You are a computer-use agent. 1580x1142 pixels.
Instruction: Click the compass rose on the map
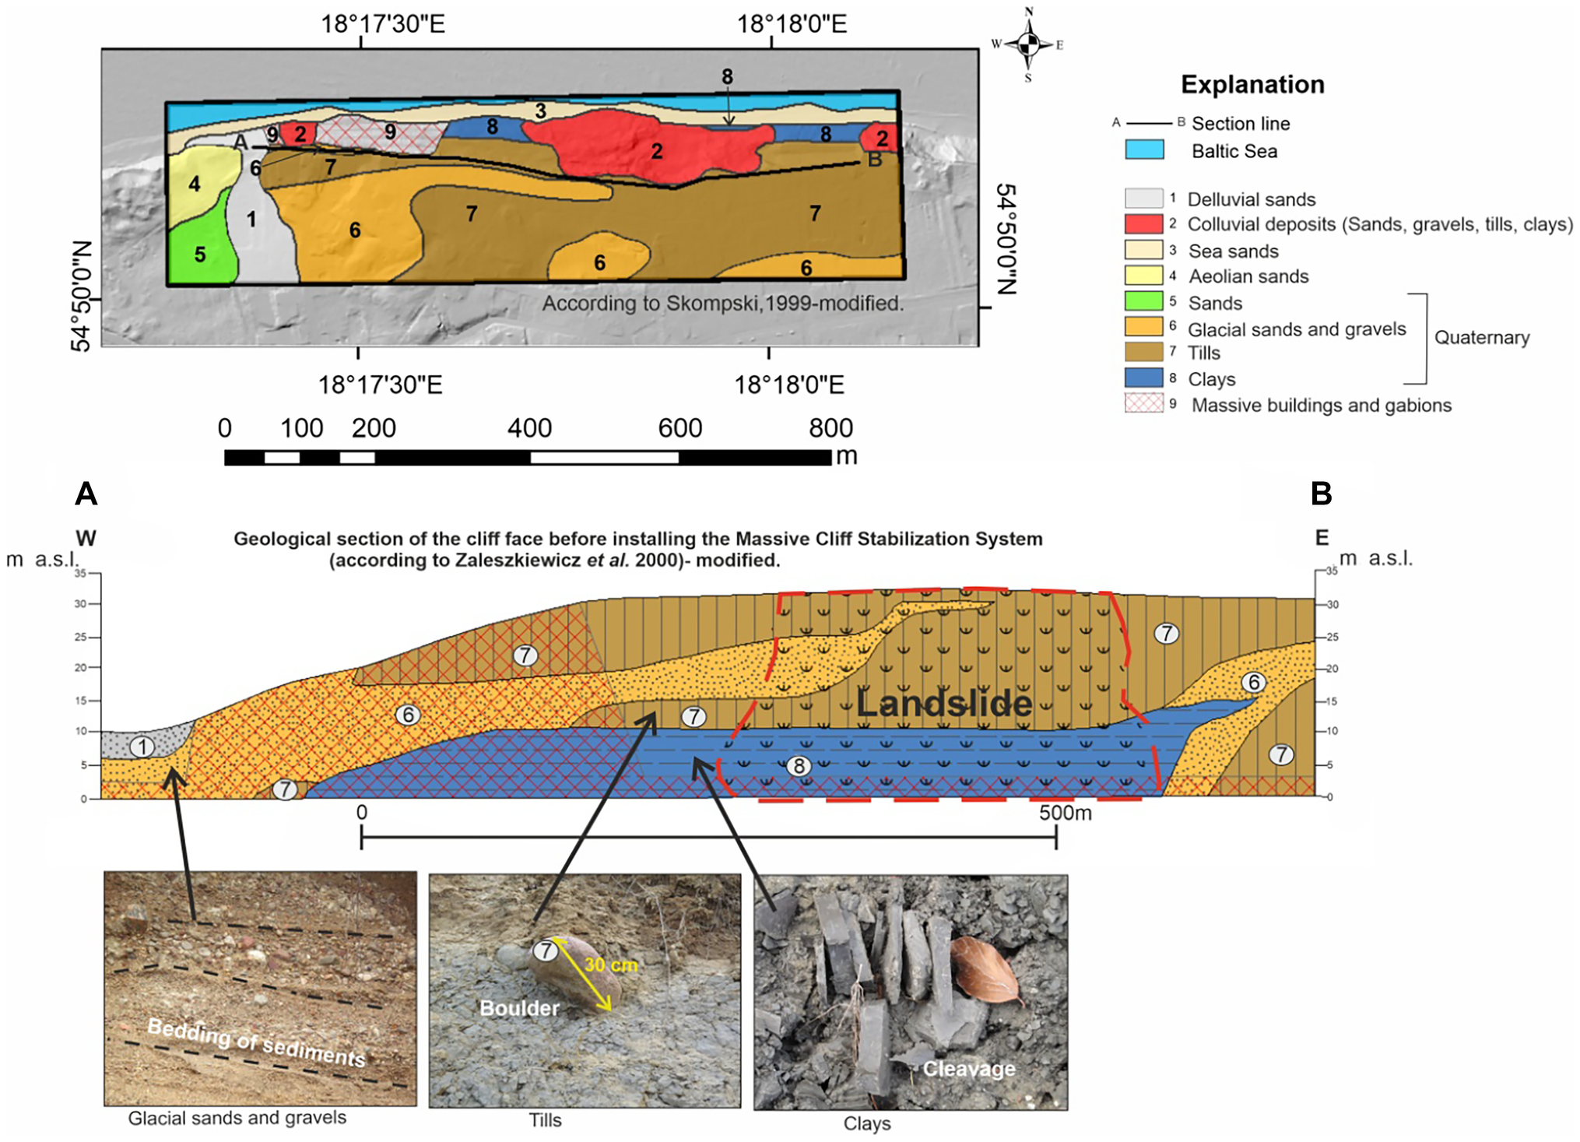pyautogui.click(x=1028, y=44)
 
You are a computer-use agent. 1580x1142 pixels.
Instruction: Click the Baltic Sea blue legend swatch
pyautogui.click(x=1144, y=149)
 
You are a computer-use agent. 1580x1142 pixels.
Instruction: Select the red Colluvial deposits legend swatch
pyautogui.click(x=1143, y=223)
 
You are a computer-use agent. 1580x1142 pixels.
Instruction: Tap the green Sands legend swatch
pyautogui.click(x=1143, y=301)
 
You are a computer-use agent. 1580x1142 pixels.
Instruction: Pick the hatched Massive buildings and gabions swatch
pyautogui.click(x=1143, y=403)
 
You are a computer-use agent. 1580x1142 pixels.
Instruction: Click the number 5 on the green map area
pyautogui.click(x=200, y=255)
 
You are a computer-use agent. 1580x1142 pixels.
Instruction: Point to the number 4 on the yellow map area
pyautogui.click(x=195, y=184)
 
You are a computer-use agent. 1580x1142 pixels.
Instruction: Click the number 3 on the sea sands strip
pyautogui.click(x=540, y=111)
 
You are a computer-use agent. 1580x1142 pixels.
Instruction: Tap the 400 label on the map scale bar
pyautogui.click(x=529, y=428)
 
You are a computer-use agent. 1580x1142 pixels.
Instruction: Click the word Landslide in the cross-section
pyautogui.click(x=944, y=704)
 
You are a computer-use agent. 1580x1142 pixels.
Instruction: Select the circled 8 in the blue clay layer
pyautogui.click(x=799, y=766)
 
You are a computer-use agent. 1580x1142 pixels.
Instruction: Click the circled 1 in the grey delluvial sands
pyautogui.click(x=142, y=747)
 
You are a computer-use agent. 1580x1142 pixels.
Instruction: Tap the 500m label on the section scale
pyautogui.click(x=1065, y=813)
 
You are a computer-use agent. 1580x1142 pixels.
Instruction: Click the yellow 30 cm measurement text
pyautogui.click(x=611, y=965)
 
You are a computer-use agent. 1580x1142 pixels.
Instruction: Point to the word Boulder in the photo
pyautogui.click(x=519, y=1008)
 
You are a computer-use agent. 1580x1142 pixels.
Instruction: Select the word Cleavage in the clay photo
pyautogui.click(x=968, y=1069)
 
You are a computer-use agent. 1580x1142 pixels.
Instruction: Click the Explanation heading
pyautogui.click(x=1252, y=84)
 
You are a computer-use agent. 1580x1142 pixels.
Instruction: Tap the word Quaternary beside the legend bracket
pyautogui.click(x=1481, y=338)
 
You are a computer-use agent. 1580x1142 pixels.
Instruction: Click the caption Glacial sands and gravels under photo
pyautogui.click(x=237, y=1118)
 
